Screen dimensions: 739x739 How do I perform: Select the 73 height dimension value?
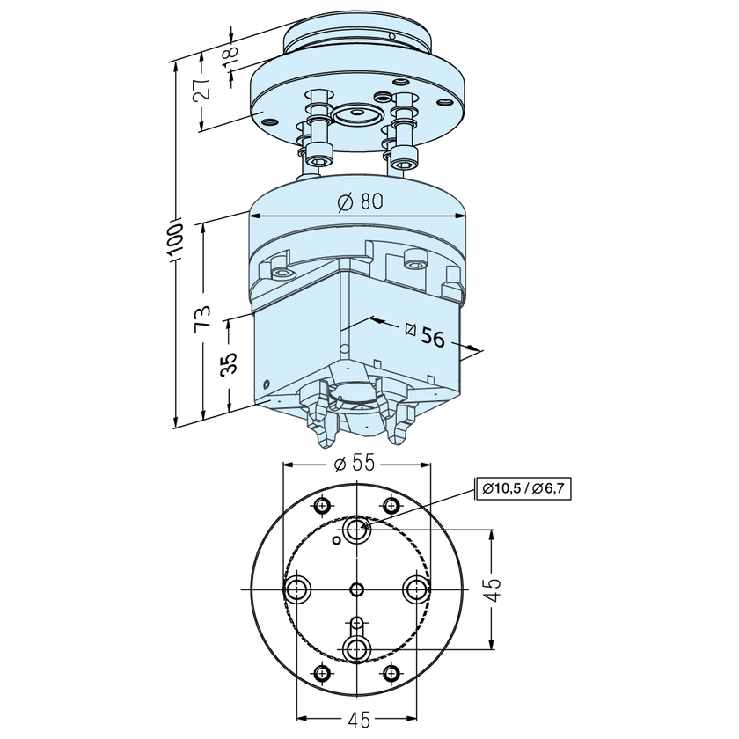tap(203, 317)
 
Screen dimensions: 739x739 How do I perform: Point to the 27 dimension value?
tap(201, 88)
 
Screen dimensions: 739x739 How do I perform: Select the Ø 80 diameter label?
tap(360, 201)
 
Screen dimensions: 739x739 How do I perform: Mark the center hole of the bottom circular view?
tap(356, 589)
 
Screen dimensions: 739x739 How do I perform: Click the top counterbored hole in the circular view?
tap(356, 529)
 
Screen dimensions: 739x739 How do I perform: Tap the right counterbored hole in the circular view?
tap(415, 588)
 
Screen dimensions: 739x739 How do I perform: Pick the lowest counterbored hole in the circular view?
tap(356, 649)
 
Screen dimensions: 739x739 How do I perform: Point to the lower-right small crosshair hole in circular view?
tap(391, 673)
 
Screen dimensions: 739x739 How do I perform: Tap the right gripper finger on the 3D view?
tap(400, 427)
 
